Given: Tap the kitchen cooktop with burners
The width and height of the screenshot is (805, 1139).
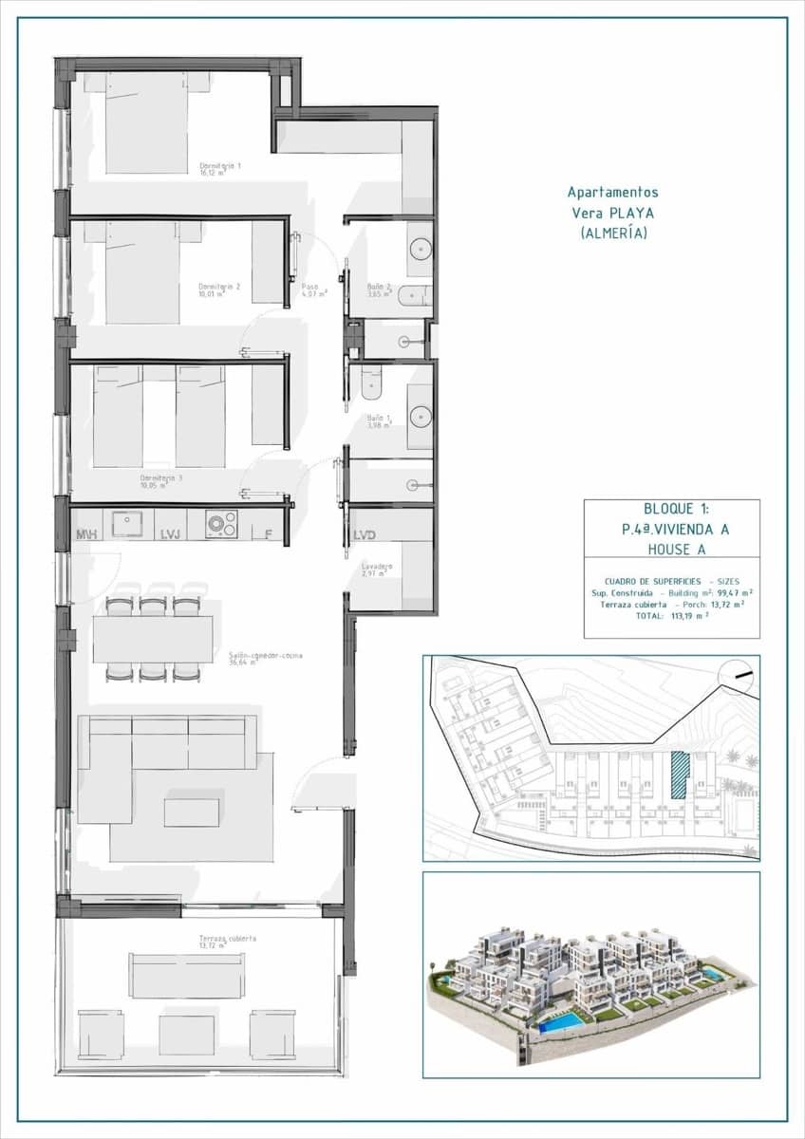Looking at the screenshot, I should click(223, 523).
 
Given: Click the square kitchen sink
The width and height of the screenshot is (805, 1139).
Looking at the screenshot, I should click(127, 523).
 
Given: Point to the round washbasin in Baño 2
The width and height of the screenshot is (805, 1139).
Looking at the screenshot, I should click(421, 249).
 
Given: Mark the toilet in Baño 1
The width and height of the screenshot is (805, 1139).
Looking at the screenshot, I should click(371, 383).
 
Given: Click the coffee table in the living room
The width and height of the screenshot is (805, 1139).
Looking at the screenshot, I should click(191, 812).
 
